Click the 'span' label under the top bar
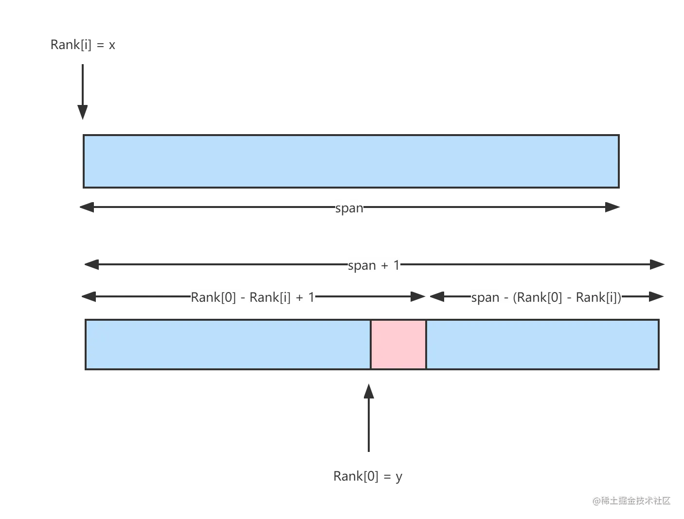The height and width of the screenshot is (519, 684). pyautogui.click(x=350, y=208)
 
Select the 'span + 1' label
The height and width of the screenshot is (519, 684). pyautogui.click(x=373, y=265)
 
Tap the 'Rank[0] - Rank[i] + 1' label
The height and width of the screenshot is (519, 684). pyautogui.click(x=252, y=297)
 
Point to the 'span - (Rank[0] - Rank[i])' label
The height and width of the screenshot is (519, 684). pyautogui.click(x=546, y=297)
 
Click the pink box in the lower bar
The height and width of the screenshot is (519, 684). pyautogui.click(x=398, y=345)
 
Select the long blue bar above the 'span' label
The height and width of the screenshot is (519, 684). pyautogui.click(x=351, y=161)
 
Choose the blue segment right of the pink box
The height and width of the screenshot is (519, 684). pyautogui.click(x=542, y=345)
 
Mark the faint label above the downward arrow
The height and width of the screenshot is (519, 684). pyautogui.click(x=84, y=45)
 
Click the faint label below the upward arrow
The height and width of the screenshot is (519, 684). pyautogui.click(x=368, y=477)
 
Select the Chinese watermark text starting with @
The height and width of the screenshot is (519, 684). pyautogui.click(x=631, y=500)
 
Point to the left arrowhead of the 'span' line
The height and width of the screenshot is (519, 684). pyautogui.click(x=89, y=208)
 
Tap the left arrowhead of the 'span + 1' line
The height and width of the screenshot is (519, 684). pyautogui.click(x=92, y=265)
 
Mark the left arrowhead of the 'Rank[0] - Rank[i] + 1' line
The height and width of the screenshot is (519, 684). pyautogui.click(x=90, y=297)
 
